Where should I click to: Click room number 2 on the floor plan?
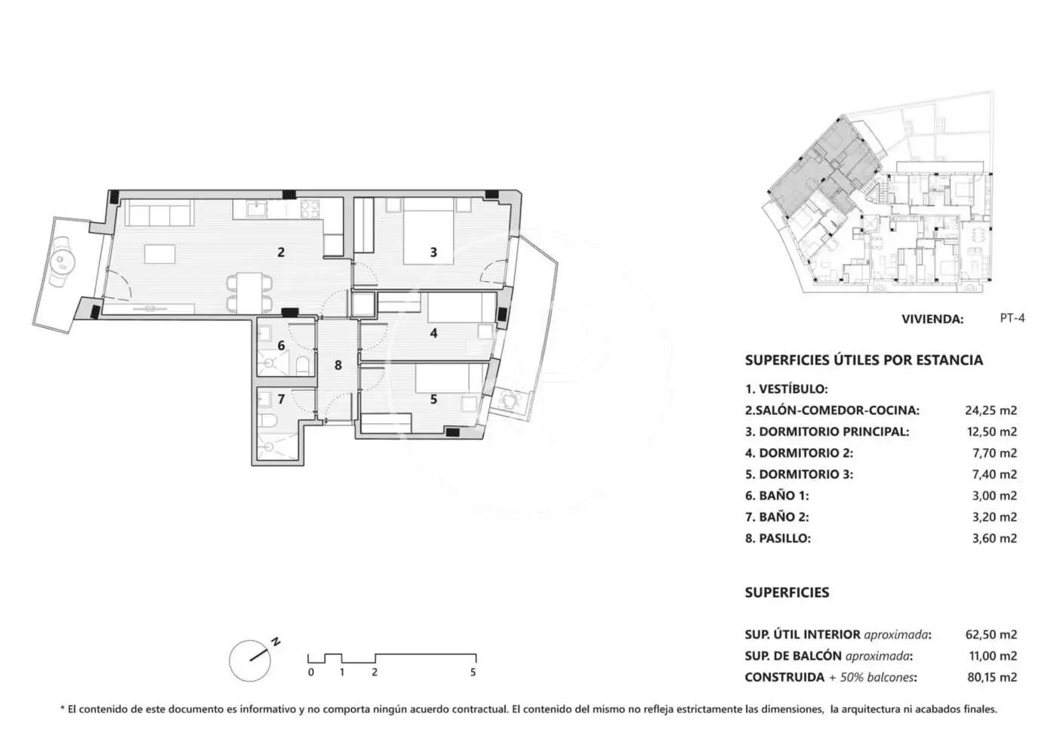tap(281, 252)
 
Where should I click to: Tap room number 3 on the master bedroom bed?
tap(433, 252)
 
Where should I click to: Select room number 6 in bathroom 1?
tap(281, 345)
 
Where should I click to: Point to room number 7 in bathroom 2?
tap(281, 399)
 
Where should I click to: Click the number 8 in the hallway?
tap(338, 365)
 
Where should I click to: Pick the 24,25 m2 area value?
tap(991, 410)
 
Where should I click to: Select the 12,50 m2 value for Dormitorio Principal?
tap(991, 431)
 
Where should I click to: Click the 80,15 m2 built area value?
tap(992, 677)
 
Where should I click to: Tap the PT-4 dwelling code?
tap(1012, 318)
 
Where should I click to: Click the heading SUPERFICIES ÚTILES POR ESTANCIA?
tap(864, 360)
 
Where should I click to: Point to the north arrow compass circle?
tap(250, 660)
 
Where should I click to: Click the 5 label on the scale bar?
tap(473, 672)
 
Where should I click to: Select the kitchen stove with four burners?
tap(310, 209)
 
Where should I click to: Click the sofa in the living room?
tap(159, 212)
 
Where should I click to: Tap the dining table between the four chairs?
tap(249, 293)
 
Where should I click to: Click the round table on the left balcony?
tap(62, 259)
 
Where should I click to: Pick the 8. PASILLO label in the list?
tap(778, 538)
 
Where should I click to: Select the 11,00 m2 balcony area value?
tap(991, 656)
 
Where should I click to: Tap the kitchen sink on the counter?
tap(257, 209)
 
